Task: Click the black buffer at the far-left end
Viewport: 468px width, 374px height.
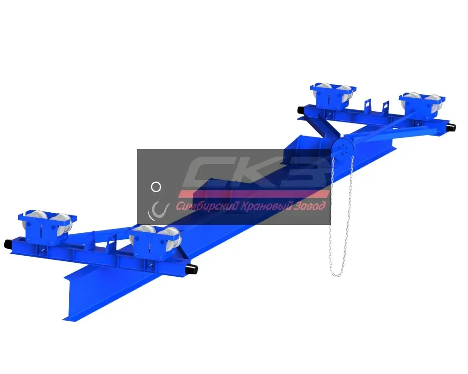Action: [x=8, y=244]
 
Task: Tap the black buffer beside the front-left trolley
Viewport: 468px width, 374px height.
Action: [x=192, y=270]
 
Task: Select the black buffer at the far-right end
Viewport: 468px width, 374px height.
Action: [x=451, y=128]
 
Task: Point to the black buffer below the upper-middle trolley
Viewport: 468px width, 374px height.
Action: [x=301, y=110]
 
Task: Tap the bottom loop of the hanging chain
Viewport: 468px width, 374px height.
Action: [x=338, y=273]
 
